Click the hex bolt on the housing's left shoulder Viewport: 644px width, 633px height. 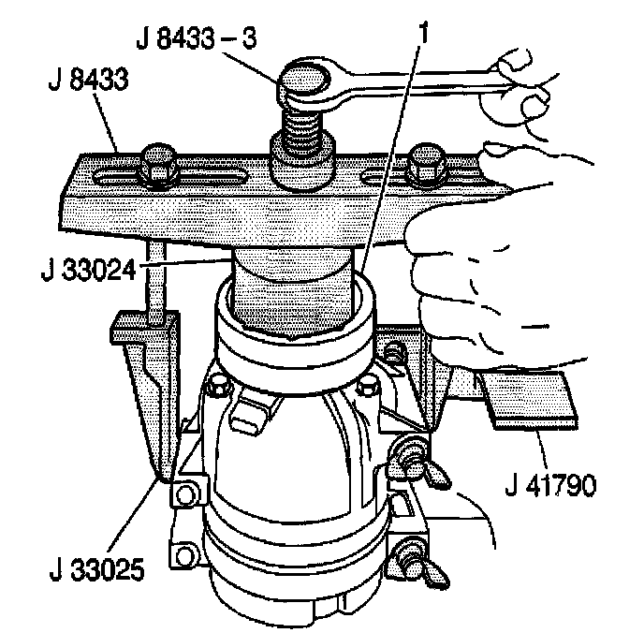point(217,387)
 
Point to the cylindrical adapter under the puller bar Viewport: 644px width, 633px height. point(296,281)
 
